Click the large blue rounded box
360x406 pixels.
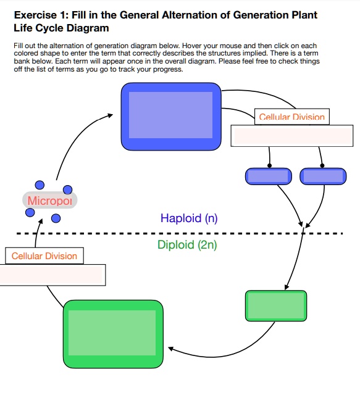[170, 116]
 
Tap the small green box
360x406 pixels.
[275, 305]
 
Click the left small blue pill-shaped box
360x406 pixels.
[268, 176]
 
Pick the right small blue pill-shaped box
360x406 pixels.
[323, 176]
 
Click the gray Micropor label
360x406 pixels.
[50, 201]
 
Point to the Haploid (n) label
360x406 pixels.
[189, 218]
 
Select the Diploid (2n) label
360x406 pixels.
[187, 245]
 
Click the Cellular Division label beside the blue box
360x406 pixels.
[291, 117]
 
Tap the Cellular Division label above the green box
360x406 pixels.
[44, 256]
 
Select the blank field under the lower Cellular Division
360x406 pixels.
[52, 275]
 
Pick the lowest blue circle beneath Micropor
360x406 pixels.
[56, 218]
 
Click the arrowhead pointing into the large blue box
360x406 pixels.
[111, 115]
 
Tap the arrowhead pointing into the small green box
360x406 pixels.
[287, 288]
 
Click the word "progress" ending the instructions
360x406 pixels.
[168, 69]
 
